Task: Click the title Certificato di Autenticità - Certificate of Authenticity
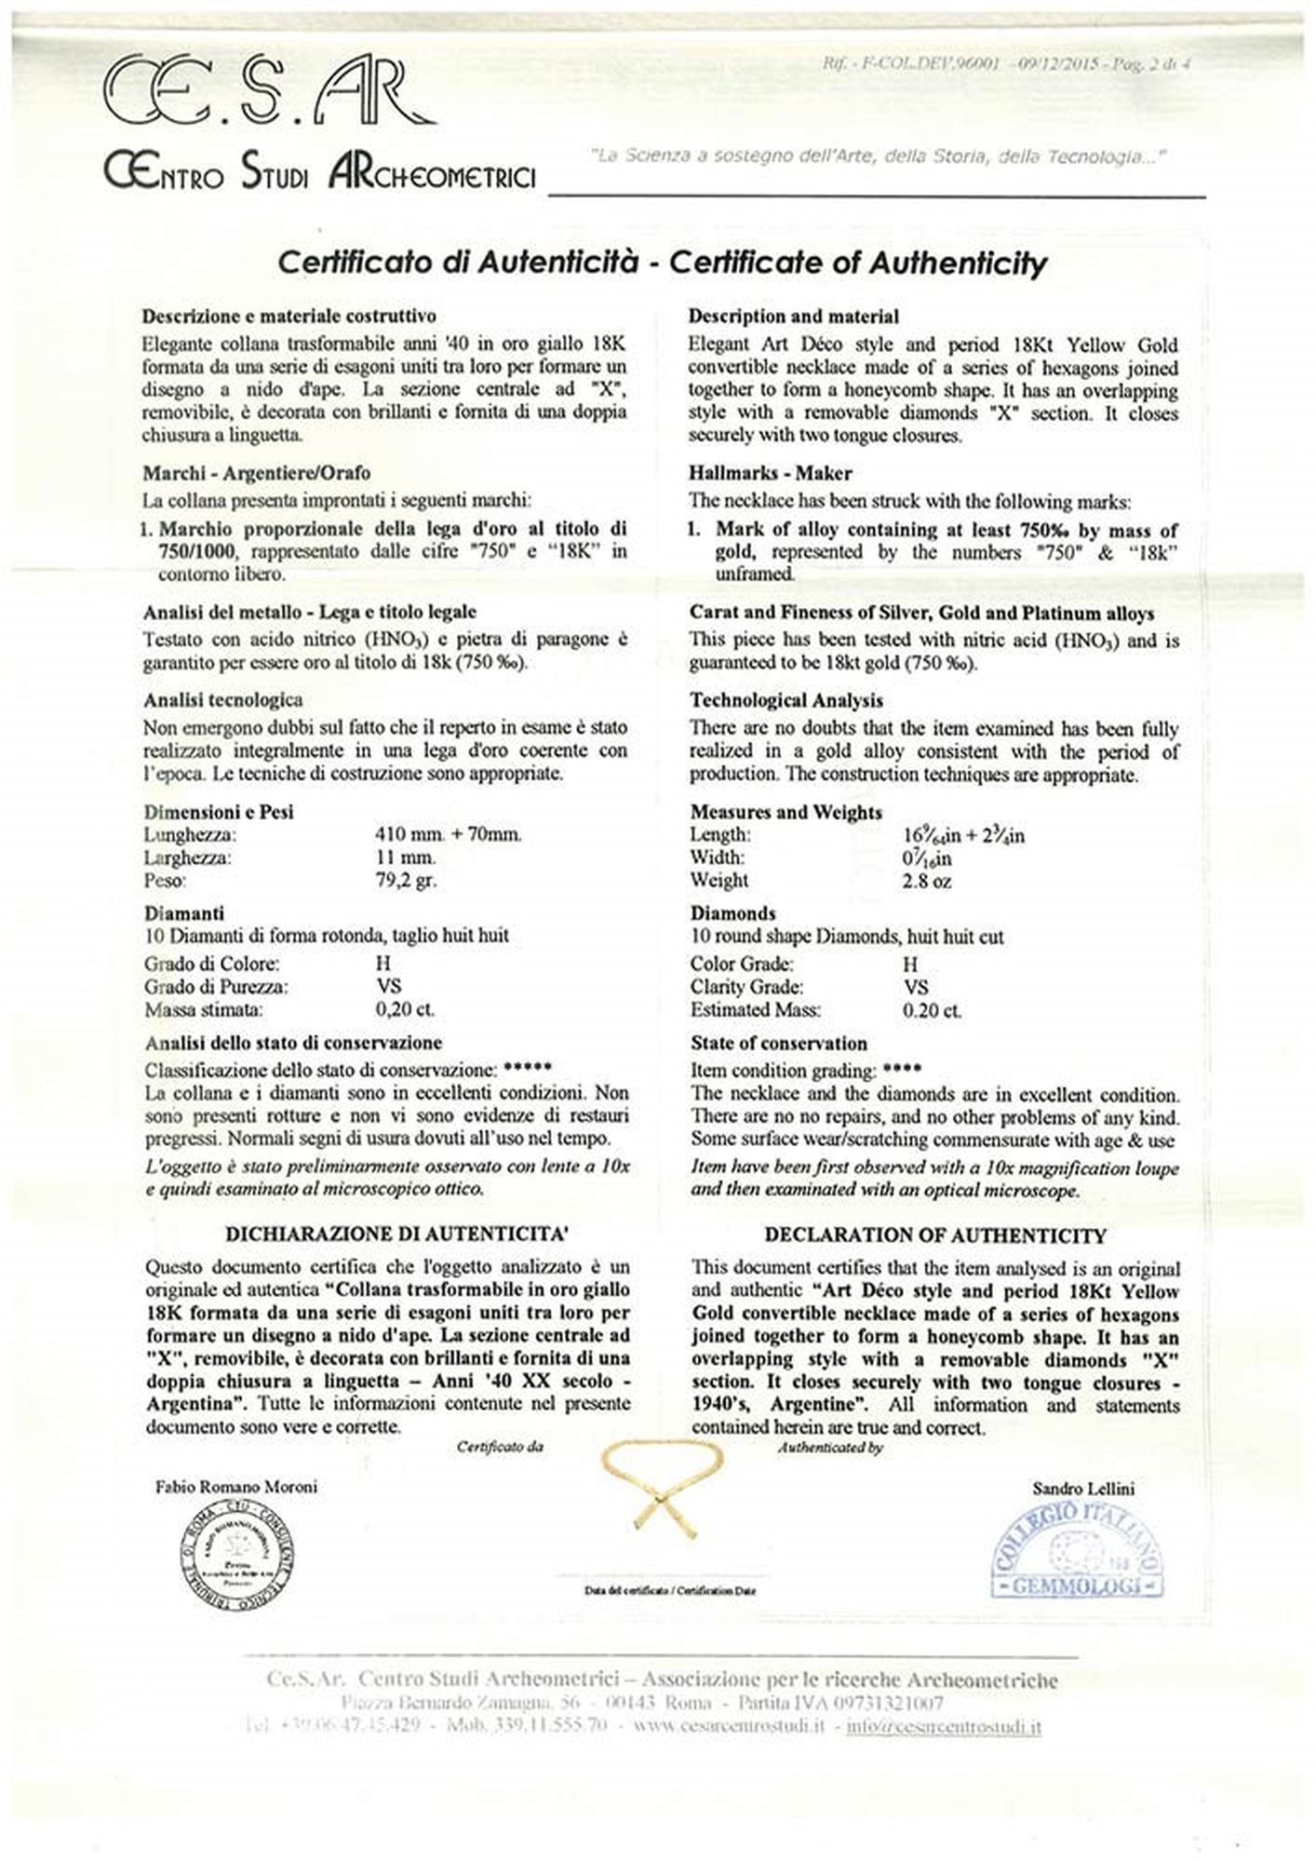(x=662, y=263)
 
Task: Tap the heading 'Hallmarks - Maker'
(x=770, y=474)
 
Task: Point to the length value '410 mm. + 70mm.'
(x=448, y=834)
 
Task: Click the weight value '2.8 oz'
(x=927, y=881)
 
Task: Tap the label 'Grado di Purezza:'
(x=216, y=987)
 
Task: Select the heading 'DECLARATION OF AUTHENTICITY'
(x=934, y=1235)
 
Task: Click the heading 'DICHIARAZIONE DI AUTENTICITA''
(x=397, y=1235)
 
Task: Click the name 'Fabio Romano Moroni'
(x=235, y=1487)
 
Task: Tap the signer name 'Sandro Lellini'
(x=1083, y=1489)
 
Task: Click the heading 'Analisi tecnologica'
(x=222, y=700)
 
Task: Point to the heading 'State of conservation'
(x=778, y=1044)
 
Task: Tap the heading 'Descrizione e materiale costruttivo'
(x=289, y=317)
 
